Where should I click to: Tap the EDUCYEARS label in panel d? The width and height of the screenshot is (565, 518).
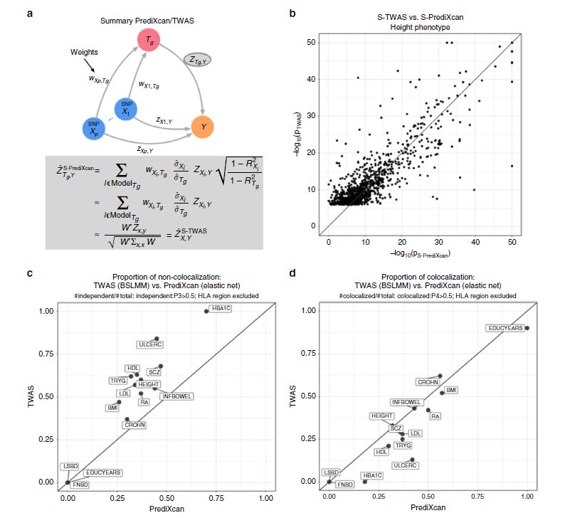coord(505,329)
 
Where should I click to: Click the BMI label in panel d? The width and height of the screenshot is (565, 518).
coord(451,390)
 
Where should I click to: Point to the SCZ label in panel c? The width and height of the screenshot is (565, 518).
coord(154,371)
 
